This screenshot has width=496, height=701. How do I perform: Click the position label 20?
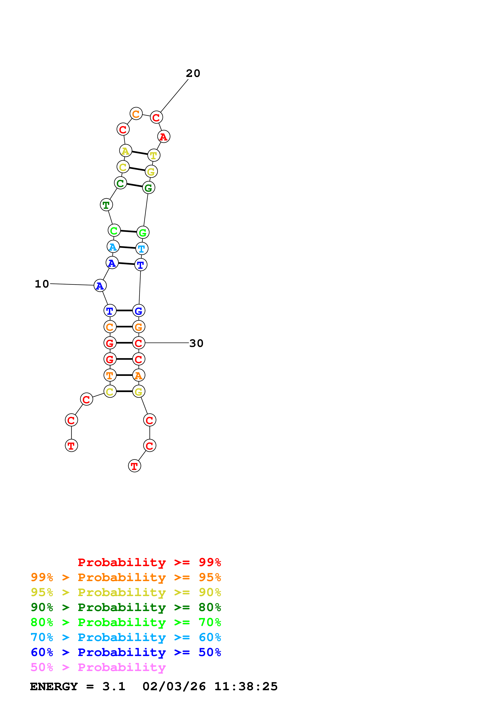(x=193, y=73)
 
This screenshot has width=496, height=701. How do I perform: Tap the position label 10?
(x=42, y=284)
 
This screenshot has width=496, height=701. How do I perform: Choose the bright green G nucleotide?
(x=143, y=232)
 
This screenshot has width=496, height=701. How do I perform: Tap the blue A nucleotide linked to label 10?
(x=100, y=286)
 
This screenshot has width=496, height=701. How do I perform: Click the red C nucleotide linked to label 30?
(x=139, y=343)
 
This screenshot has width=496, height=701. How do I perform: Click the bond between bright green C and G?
(x=128, y=231)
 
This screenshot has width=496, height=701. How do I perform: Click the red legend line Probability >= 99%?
(x=149, y=562)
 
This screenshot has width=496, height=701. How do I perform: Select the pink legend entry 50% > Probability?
(x=98, y=667)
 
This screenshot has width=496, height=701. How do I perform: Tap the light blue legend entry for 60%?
(x=126, y=637)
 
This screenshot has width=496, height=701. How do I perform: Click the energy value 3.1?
(x=114, y=687)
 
